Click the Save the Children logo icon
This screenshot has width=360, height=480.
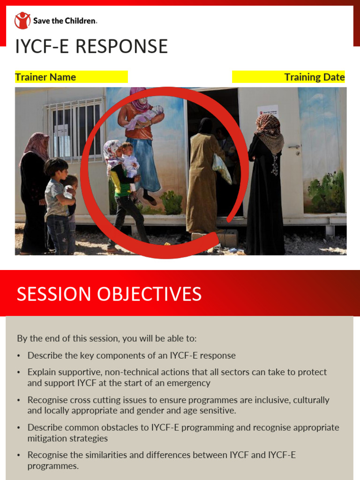[22, 21]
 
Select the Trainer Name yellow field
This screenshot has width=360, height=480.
[71, 77]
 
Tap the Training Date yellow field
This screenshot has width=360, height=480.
[289, 77]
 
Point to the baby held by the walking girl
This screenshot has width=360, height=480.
[129, 162]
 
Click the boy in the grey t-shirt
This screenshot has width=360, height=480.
[57, 202]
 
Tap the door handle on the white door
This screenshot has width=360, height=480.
[294, 147]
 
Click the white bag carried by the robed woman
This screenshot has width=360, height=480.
[221, 169]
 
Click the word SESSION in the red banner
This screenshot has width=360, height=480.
[53, 294]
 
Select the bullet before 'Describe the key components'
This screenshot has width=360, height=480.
[19, 356]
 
